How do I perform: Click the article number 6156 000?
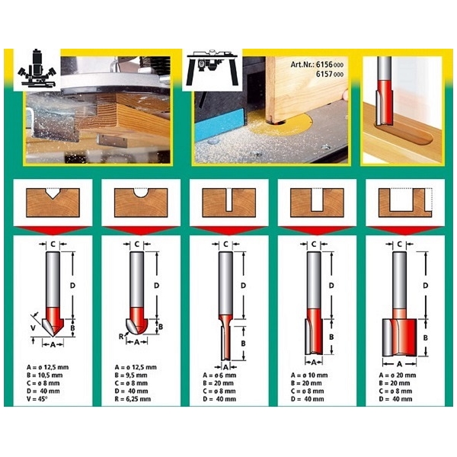pos(330,65)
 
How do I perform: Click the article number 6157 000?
pos(330,74)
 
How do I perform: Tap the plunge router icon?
pos(37,69)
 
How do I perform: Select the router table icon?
pos(213,68)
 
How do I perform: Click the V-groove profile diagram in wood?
pos(53,203)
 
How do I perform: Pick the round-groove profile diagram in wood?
pos(141,203)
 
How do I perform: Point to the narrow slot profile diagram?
pos(228,203)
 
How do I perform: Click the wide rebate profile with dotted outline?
pos(405,203)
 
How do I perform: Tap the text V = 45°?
pos(37,399)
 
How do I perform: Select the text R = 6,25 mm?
pos(133,399)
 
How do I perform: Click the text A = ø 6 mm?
pos(219,375)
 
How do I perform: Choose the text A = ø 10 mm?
pos(309,375)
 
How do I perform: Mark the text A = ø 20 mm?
pos(398,375)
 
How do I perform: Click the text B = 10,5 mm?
pos(45,375)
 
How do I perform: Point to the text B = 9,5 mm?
pos(131,375)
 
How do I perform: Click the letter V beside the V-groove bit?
pos(34,328)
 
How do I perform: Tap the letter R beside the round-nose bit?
pos(121,337)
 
